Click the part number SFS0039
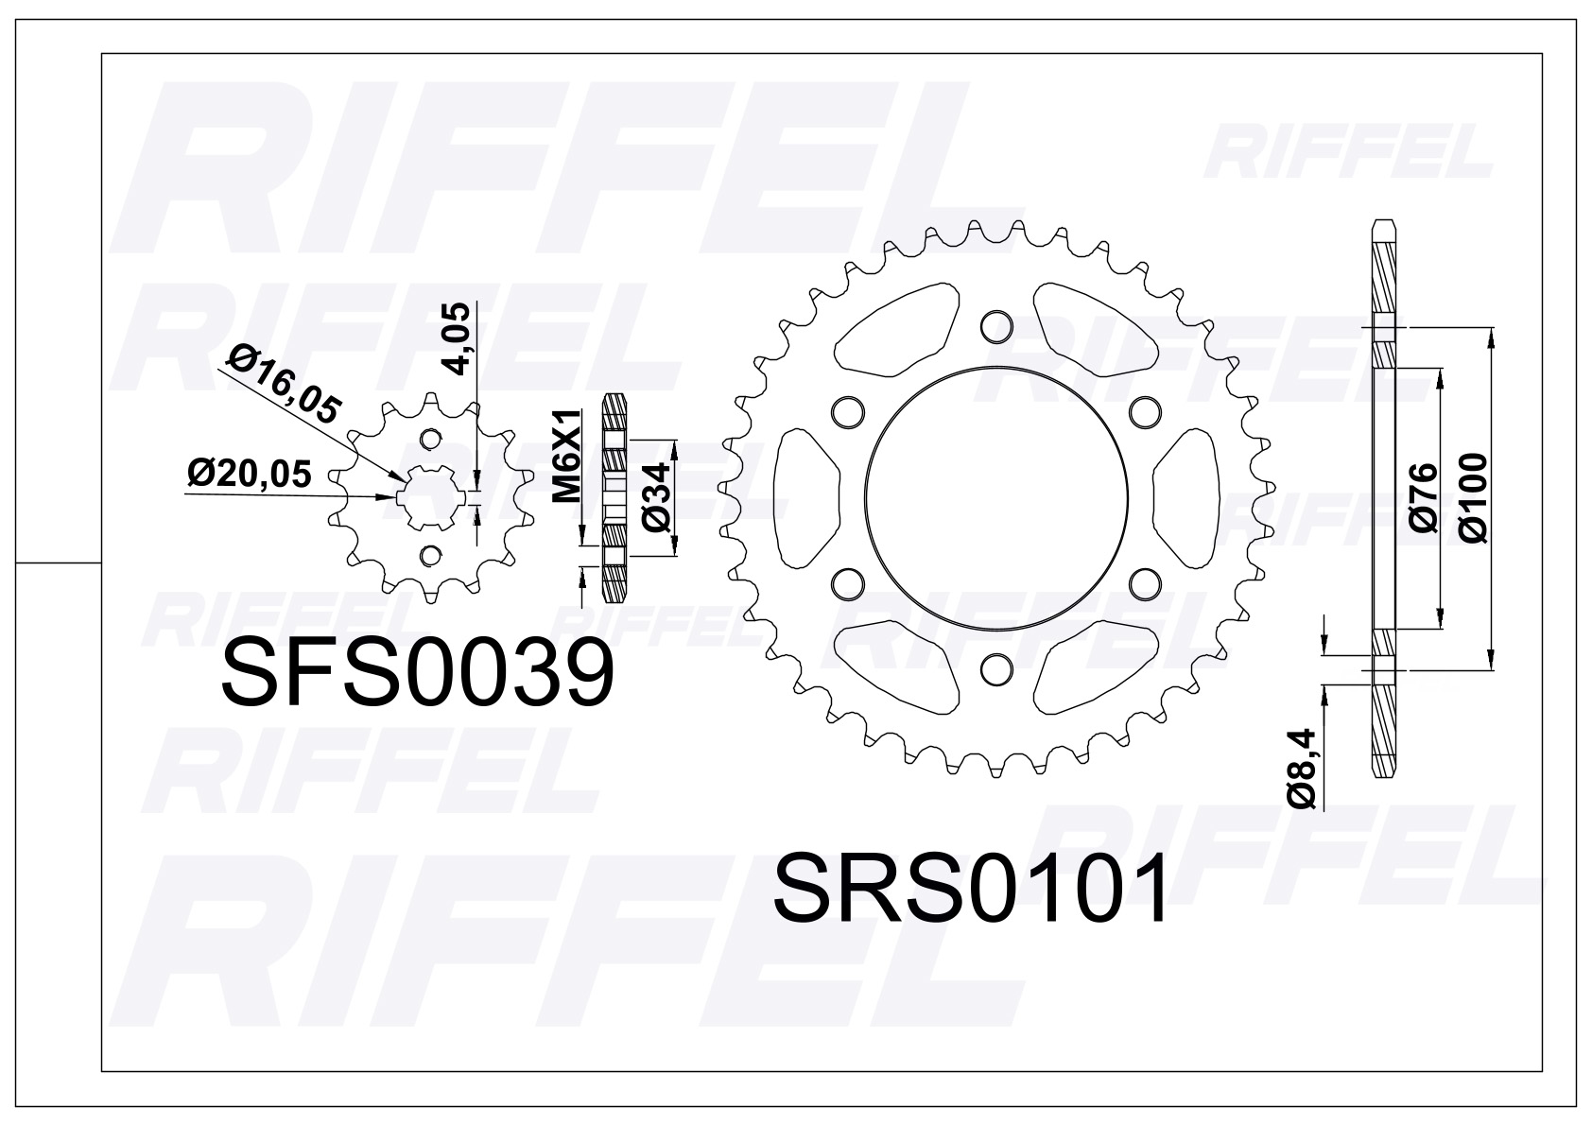click(417, 672)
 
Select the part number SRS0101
click(970, 890)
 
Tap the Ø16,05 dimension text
click(285, 384)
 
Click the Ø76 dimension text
click(1422, 497)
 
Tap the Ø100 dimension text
click(1472, 497)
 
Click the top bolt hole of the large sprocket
click(995, 326)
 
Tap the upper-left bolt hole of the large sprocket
click(847, 411)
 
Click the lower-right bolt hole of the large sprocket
click(1144, 582)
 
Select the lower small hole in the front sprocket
click(431, 555)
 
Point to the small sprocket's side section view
click(615, 497)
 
